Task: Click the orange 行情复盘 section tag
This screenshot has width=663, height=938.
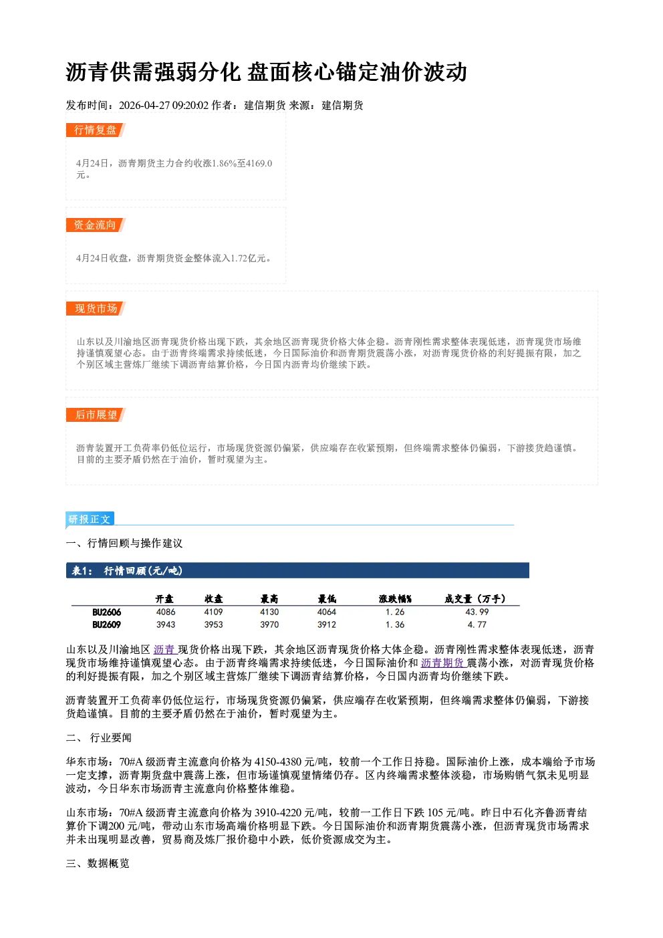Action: click(x=96, y=130)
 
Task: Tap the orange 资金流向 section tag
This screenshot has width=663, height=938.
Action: click(x=96, y=225)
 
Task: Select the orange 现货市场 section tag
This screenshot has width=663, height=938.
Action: click(x=96, y=309)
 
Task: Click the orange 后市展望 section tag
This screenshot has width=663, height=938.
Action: click(x=96, y=415)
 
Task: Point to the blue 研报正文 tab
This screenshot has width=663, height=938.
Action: click(x=90, y=519)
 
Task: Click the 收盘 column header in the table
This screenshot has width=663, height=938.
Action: click(x=213, y=599)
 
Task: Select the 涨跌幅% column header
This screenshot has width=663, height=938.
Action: click(x=395, y=599)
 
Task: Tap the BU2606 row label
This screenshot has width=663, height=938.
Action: click(x=106, y=612)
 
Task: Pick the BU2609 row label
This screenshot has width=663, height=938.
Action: click(x=106, y=624)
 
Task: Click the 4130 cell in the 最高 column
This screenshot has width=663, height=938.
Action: click(x=269, y=612)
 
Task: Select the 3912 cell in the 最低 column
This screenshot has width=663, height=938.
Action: click(x=326, y=624)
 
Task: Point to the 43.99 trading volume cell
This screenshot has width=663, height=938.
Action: click(x=477, y=612)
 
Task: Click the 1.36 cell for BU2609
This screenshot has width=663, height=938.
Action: click(x=395, y=624)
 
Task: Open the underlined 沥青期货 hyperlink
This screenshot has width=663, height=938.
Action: click(x=443, y=663)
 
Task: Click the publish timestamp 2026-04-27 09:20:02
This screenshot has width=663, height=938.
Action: click(x=164, y=105)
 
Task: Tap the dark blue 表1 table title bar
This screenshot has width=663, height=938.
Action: click(x=297, y=570)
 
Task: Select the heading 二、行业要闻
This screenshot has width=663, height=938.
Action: click(x=99, y=738)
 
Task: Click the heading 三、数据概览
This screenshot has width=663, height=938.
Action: click(x=98, y=864)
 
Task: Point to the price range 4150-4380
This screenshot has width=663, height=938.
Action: click(x=278, y=761)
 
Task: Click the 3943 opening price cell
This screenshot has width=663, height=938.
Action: click(x=166, y=624)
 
